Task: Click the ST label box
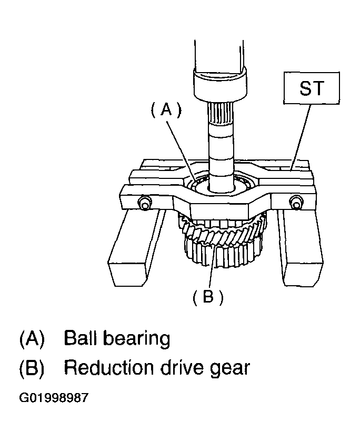click(x=312, y=88)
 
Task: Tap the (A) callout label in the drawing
click(x=166, y=109)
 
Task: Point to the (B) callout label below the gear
click(x=208, y=297)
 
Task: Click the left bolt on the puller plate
click(x=144, y=203)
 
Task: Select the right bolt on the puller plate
click(x=295, y=202)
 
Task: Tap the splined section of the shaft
click(x=221, y=114)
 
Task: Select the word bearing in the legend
click(x=137, y=339)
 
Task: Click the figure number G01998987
click(x=54, y=398)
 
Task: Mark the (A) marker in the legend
click(x=32, y=339)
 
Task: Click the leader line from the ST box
click(x=301, y=137)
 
